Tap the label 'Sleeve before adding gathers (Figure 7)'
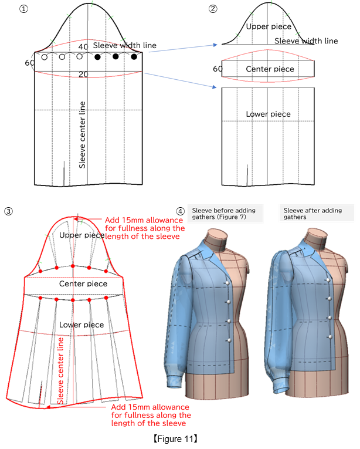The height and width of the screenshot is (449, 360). coord(225,212)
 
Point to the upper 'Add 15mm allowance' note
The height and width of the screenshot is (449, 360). coord(144,228)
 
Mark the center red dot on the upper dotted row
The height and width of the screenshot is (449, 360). coord(72,266)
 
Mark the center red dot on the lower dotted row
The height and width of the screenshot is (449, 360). coord(72,299)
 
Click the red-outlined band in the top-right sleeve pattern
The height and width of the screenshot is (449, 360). coord(268,67)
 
